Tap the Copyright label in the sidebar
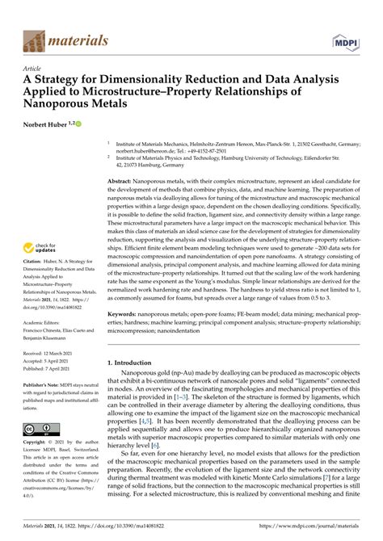tap(37, 444)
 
